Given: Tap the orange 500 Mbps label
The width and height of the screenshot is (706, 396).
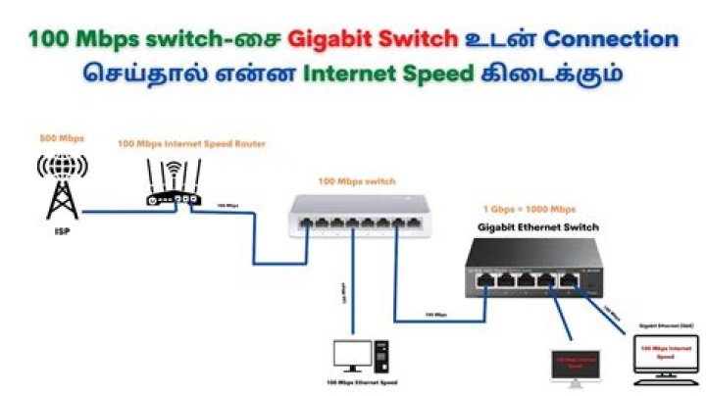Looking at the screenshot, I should (x=61, y=138).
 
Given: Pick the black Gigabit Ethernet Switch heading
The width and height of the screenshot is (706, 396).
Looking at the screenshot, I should (x=538, y=226).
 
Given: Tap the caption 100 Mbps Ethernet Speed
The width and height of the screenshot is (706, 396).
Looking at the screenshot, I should (x=363, y=382).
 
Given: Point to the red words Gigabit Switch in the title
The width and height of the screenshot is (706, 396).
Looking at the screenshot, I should (x=373, y=39).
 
